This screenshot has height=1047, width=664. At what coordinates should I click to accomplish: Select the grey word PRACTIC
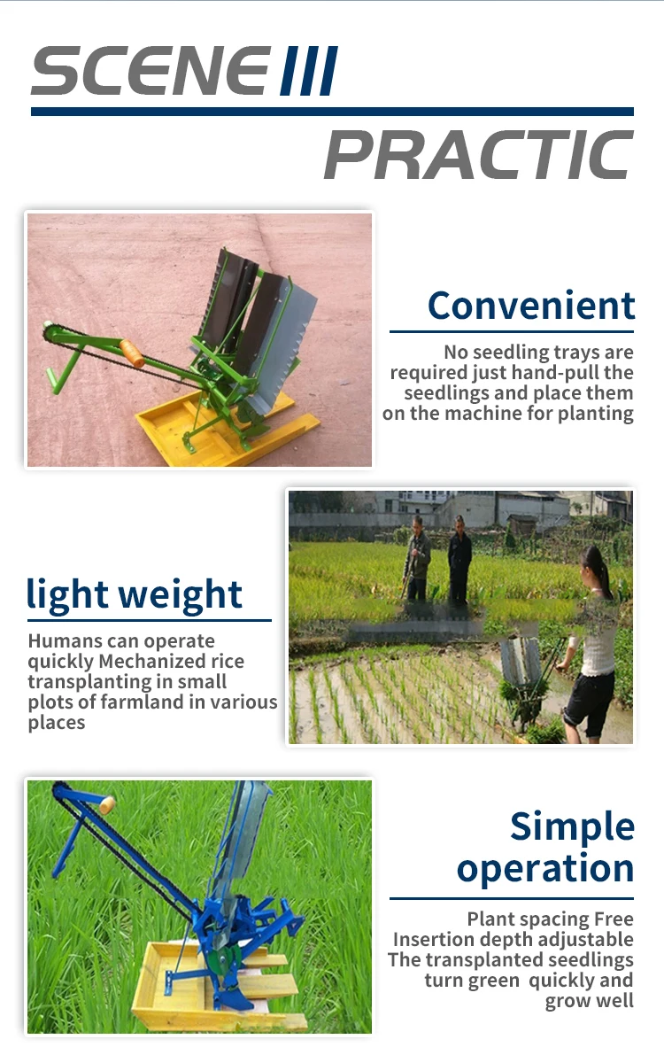click(x=478, y=155)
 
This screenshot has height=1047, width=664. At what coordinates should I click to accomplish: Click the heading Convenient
click(x=531, y=306)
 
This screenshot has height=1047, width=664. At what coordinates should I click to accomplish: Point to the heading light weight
click(x=135, y=594)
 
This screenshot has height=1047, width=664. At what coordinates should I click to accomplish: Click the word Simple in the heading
click(x=572, y=826)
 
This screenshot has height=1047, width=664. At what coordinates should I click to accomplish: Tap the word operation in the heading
click(x=545, y=868)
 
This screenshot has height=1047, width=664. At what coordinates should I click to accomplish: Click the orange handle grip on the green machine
click(x=132, y=353)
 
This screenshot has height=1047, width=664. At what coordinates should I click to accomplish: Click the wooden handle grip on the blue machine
click(x=107, y=804)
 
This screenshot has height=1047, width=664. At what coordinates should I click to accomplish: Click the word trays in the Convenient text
click(x=578, y=353)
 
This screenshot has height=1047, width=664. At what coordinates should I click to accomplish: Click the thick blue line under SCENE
click(x=332, y=112)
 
